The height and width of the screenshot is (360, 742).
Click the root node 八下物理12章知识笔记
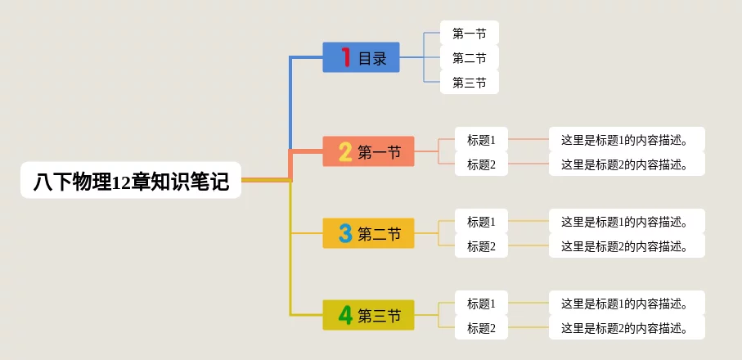[x=131, y=180]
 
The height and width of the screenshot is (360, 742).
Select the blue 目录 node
[x=361, y=57]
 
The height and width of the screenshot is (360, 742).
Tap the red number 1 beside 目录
[x=346, y=57]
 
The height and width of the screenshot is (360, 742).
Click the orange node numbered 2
[x=368, y=151]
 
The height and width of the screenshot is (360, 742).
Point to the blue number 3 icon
[x=345, y=233]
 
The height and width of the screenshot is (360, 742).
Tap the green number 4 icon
[x=345, y=315]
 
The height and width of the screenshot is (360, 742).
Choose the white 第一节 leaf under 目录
[x=469, y=34]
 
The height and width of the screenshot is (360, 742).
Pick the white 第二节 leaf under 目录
[x=469, y=58]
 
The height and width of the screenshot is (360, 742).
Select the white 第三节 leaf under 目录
[x=469, y=83]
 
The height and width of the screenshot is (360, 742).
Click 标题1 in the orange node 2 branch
[x=481, y=140]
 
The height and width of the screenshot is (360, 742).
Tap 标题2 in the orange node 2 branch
[x=481, y=164]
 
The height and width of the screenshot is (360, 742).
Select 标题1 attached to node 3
[x=481, y=222]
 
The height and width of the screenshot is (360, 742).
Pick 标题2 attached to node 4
[x=481, y=328]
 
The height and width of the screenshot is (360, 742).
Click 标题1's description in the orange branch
[x=626, y=140]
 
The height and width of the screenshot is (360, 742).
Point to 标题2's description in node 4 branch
[x=626, y=328]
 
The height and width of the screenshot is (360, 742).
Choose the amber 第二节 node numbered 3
[x=368, y=233]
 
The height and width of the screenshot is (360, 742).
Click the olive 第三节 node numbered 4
[x=368, y=315]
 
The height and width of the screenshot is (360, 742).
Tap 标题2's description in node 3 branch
[x=626, y=246]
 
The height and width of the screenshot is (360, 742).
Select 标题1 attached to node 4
[x=481, y=304]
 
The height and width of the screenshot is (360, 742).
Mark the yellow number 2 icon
[x=345, y=151]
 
